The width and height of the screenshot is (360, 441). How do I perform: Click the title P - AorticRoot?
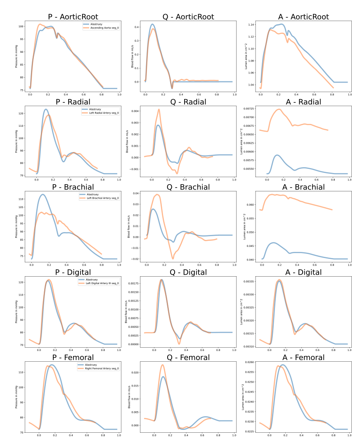point(73,17)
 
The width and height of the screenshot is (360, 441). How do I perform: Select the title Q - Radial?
point(188,102)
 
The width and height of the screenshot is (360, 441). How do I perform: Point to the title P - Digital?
point(73,272)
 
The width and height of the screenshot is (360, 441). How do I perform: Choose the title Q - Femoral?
point(188,357)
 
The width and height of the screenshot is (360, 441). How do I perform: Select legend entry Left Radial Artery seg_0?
point(104,113)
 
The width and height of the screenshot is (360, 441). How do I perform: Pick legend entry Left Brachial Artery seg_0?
point(103,198)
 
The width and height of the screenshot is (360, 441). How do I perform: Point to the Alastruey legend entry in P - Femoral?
point(92,365)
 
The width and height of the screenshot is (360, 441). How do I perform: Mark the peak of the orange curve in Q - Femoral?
point(163,365)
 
